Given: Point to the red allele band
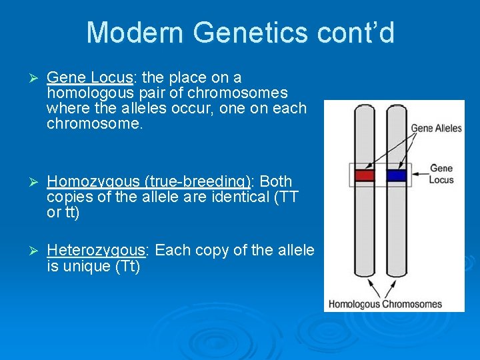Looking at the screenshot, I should click(x=365, y=176).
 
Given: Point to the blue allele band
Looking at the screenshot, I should click(x=397, y=176).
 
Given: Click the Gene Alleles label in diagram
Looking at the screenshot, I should click(x=436, y=128).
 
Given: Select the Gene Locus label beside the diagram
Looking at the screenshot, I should click(x=441, y=174).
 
